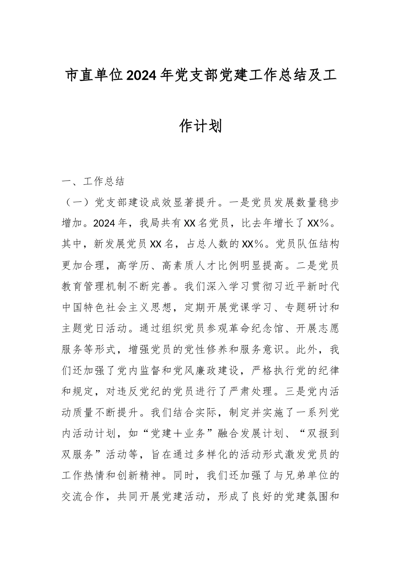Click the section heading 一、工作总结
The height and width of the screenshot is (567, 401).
[93, 182]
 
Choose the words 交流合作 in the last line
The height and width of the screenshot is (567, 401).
[83, 497]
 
